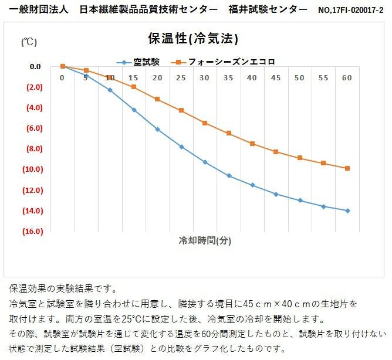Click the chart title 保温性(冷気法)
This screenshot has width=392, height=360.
click(x=193, y=39)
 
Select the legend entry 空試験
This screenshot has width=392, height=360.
click(x=141, y=61)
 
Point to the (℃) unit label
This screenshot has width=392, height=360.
click(x=29, y=42)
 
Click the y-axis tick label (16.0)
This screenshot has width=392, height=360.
click(x=33, y=232)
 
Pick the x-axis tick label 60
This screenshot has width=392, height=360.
click(x=347, y=78)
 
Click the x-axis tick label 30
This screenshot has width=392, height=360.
click(x=204, y=78)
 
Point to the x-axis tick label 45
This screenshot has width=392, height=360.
click(x=276, y=78)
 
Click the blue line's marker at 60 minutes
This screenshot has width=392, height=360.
click(x=347, y=210)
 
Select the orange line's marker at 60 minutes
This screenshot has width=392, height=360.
click(x=347, y=168)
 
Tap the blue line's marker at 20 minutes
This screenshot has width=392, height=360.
click(x=157, y=129)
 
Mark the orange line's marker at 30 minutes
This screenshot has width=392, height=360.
click(x=205, y=123)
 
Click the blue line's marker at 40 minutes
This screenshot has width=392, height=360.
click(x=252, y=185)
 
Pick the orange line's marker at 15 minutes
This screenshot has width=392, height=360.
click(x=134, y=87)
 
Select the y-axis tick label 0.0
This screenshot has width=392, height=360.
click(x=35, y=67)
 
